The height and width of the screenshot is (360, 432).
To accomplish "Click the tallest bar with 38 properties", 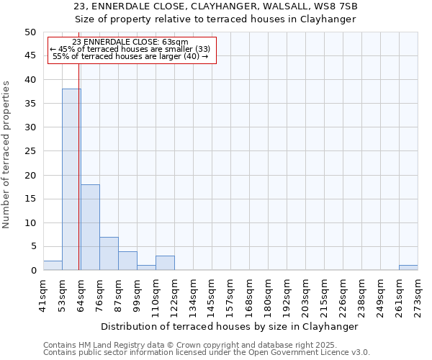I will (71, 179).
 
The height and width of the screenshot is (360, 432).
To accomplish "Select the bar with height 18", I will (90, 227).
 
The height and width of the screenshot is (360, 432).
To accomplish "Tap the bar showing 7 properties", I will (109, 253).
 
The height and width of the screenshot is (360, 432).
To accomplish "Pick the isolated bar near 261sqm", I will (408, 268).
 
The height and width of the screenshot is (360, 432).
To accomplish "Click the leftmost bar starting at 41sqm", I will (53, 266).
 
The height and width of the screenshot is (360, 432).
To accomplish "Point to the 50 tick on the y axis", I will (30, 32).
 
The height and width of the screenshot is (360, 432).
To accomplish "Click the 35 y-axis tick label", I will (30, 104).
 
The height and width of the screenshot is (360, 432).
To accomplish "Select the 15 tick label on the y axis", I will (30, 199).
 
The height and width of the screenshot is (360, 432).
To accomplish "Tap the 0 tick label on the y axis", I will (32, 271).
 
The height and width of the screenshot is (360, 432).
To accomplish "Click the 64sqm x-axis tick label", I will (81, 294).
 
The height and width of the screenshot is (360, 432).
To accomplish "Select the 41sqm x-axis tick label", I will (43, 294).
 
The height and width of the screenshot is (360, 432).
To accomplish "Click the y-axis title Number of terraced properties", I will (6, 154).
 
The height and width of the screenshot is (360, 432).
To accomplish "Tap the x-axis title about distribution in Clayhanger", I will (230, 326).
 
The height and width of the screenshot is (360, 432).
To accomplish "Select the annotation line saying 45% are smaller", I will (130, 49).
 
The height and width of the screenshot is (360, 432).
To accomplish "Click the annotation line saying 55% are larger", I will (130, 56).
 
